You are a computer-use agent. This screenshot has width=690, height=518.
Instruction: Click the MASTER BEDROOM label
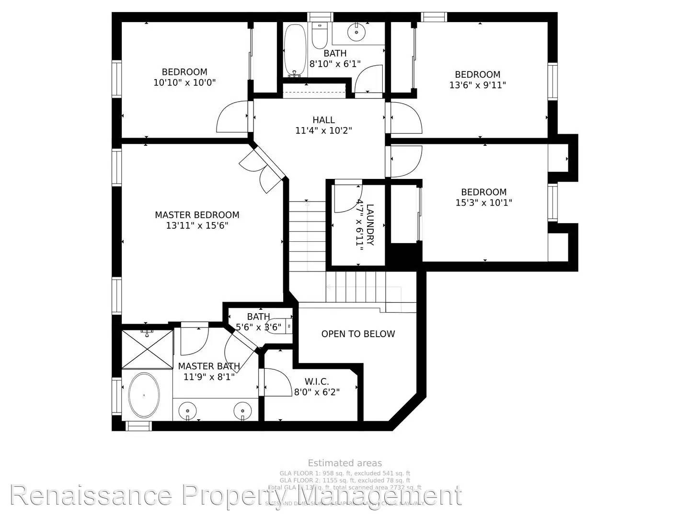tap(197, 215)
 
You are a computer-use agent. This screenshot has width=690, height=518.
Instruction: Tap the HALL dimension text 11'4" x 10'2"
tap(323, 130)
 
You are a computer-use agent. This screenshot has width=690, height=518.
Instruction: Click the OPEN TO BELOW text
tap(358, 334)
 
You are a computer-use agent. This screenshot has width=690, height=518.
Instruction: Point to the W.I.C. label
tap(317, 382)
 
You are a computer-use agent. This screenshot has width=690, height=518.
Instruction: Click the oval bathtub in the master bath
tap(144, 395)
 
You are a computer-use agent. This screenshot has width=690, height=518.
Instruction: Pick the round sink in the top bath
tap(356, 32)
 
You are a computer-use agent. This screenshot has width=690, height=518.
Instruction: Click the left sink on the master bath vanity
tap(187, 411)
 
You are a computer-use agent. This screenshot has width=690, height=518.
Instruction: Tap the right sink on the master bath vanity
tap(243, 411)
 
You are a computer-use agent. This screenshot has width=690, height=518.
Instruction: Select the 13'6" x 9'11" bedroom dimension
tap(477, 85)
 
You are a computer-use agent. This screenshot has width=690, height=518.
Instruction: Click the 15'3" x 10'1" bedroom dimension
tap(483, 202)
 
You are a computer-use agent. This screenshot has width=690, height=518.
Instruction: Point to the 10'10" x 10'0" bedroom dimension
tap(184, 82)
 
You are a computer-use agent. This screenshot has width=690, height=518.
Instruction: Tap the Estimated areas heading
tap(345, 463)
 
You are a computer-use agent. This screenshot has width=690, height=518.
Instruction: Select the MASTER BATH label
tap(209, 366)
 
